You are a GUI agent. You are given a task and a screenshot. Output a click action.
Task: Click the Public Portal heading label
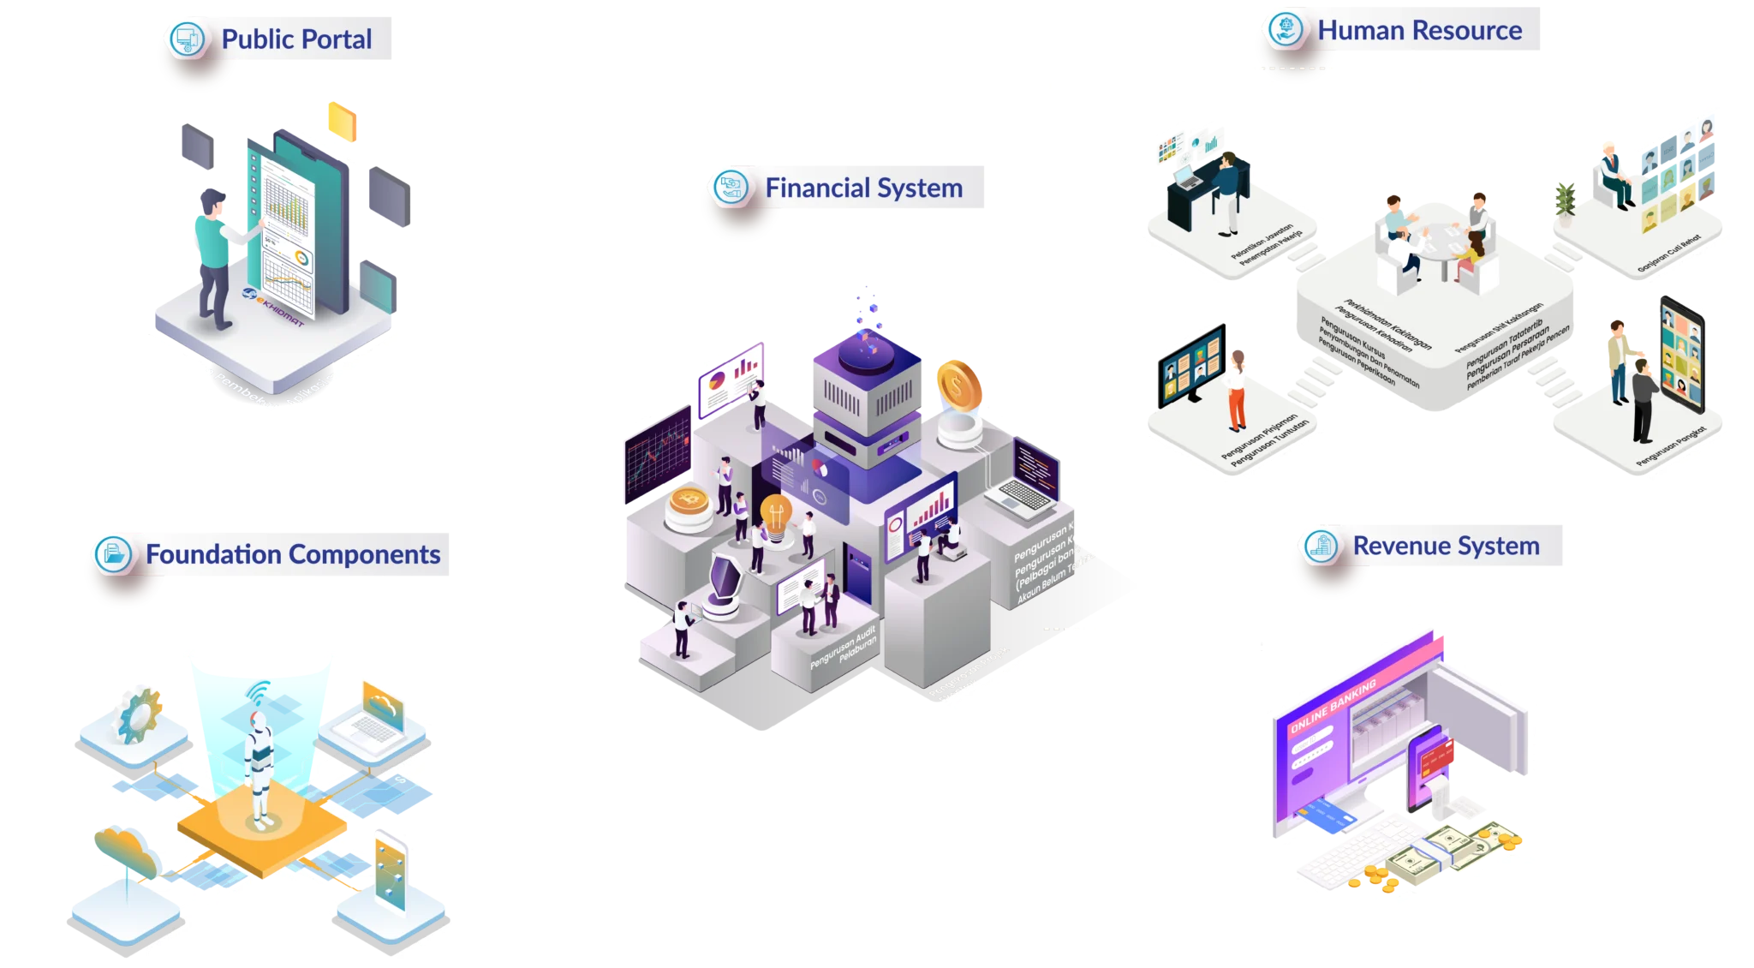click(296, 39)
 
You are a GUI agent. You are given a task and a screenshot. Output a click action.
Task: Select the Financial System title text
click(863, 188)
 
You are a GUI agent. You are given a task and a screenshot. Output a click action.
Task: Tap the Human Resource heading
click(1419, 31)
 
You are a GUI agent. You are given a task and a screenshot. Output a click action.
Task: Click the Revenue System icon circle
click(1321, 546)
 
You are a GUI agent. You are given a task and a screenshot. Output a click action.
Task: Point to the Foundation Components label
click(293, 555)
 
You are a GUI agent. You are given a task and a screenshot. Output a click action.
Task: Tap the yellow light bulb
click(776, 517)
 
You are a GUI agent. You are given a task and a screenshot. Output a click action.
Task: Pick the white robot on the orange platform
click(259, 768)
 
